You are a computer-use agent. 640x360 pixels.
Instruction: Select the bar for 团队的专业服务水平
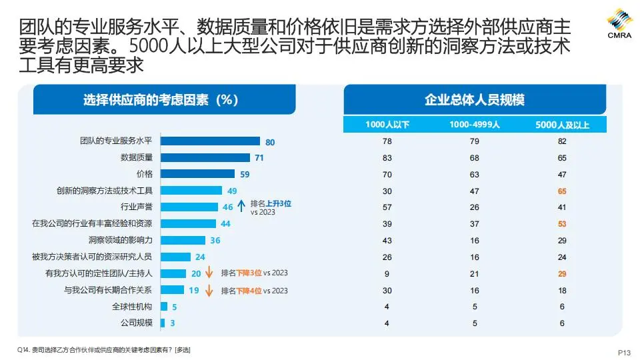[x=210, y=141]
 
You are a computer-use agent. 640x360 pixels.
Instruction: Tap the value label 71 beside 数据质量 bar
[x=259, y=158]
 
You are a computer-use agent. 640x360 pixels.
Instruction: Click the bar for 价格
[x=198, y=174]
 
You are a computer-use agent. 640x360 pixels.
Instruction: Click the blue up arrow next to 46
[x=241, y=207]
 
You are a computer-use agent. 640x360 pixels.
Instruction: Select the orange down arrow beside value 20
[x=208, y=273]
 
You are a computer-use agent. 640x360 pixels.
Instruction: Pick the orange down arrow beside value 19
[x=208, y=290]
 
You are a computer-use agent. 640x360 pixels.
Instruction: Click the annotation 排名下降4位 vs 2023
[x=255, y=291]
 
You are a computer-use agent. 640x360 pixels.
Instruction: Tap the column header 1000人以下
[x=387, y=125]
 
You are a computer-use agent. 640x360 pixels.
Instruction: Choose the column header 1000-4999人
[x=474, y=125]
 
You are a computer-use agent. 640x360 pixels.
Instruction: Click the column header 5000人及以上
[x=562, y=125]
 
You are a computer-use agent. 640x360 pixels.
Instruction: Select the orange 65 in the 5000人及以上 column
[x=561, y=191]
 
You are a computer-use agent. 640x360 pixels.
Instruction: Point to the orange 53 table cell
[x=561, y=223]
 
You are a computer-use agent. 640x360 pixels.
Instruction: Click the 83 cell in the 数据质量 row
[x=387, y=158]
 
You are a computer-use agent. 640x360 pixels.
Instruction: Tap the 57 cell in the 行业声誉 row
[x=387, y=207]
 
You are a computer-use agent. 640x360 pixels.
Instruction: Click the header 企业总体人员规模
[x=475, y=100]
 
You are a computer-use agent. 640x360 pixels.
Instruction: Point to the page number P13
[x=624, y=353]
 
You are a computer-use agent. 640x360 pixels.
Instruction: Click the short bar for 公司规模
[x=163, y=323]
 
